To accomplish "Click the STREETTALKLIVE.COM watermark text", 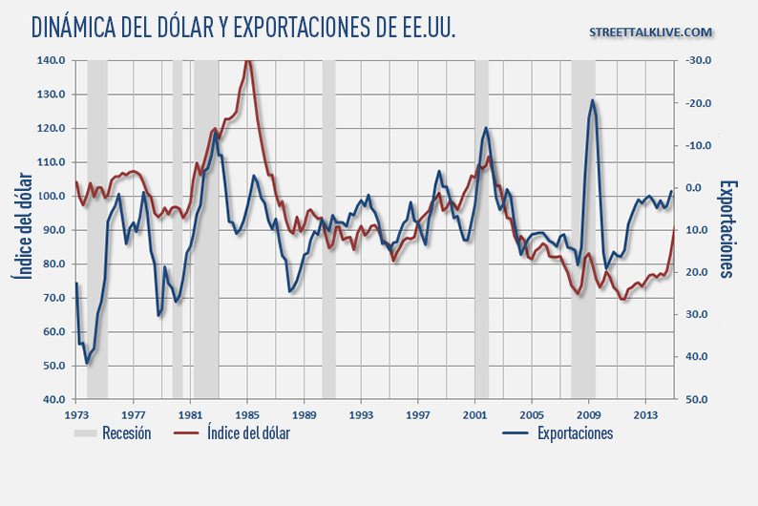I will click(651, 32).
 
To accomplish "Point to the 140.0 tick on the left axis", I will click(53, 60).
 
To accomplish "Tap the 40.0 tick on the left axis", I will click(54, 399).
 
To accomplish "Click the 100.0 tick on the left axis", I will click(53, 196).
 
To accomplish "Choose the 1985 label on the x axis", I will click(247, 416).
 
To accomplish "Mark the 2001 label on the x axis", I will click(474, 416).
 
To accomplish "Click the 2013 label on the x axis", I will click(645, 416).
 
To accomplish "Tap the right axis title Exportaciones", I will click(727, 229).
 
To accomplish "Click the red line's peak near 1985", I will click(248, 62).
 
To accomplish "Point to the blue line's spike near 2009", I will click(592, 100).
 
